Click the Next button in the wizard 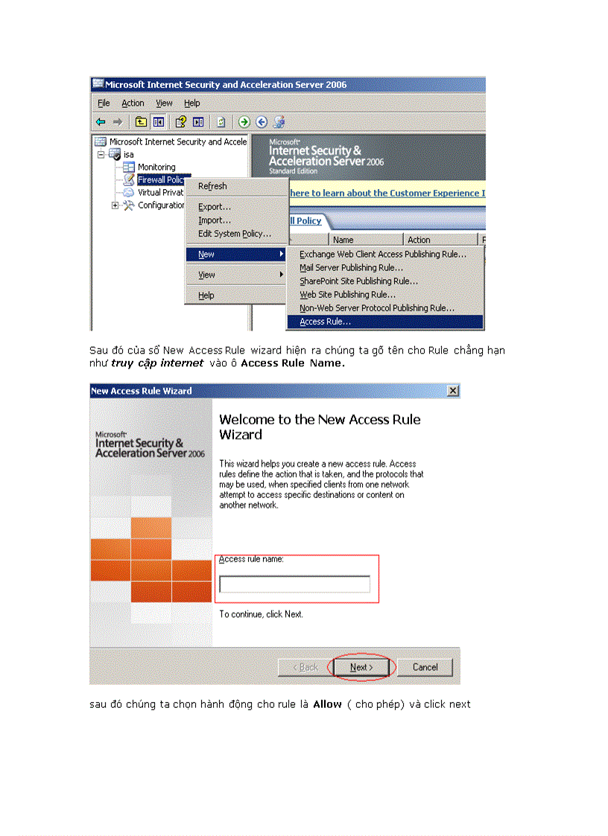click(361, 667)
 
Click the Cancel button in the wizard click(425, 667)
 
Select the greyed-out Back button click(305, 667)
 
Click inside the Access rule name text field click(294, 584)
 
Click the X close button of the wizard click(452, 391)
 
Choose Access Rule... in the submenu click(325, 322)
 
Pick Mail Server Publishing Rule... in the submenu click(351, 268)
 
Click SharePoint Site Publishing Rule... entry click(358, 281)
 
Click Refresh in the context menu click(212, 187)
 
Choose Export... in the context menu click(215, 207)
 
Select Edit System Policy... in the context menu click(234, 234)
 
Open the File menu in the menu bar click(104, 103)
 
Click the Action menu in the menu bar click(133, 103)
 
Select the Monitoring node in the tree click(156, 167)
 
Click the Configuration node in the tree click(161, 205)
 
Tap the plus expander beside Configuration click(115, 205)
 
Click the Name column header click(343, 240)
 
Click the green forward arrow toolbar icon click(244, 122)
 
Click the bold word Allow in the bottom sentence click(327, 704)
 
